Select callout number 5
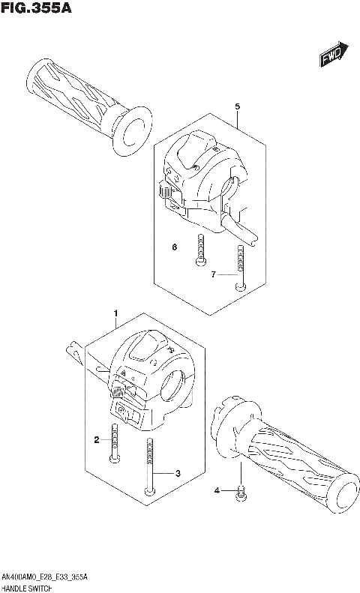(x=237, y=107)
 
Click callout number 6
(x=173, y=247)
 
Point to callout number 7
(x=213, y=275)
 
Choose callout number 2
(x=97, y=440)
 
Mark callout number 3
(x=178, y=473)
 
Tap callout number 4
(x=217, y=490)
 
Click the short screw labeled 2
(x=115, y=442)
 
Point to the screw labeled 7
(x=238, y=269)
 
